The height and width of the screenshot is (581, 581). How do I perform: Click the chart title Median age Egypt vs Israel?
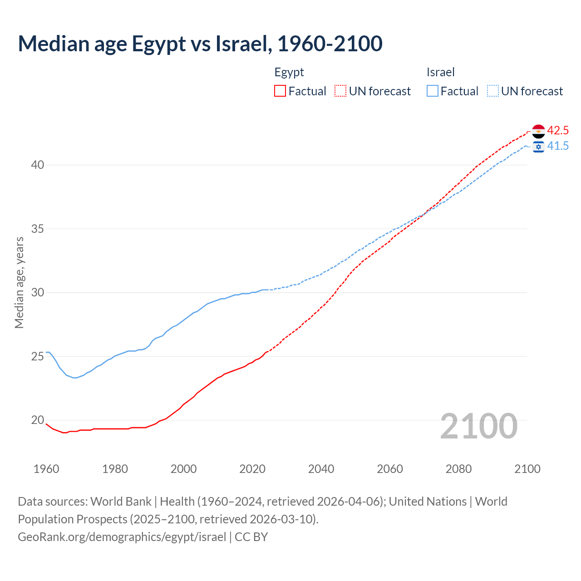tap(200, 44)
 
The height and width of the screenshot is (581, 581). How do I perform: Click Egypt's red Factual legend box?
tap(280, 91)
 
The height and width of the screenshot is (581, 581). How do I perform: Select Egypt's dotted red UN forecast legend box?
tap(340, 91)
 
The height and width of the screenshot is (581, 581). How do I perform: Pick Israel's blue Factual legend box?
tap(432, 91)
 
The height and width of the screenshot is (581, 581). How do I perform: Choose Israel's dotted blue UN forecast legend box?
tap(492, 91)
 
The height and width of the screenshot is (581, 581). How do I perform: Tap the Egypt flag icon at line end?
tap(538, 131)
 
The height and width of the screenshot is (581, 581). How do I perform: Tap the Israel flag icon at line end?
tap(538, 146)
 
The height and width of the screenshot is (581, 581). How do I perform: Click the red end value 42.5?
tap(557, 131)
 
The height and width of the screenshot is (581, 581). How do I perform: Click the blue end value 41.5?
tap(557, 146)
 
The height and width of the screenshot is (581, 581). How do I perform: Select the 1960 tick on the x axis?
tap(46, 469)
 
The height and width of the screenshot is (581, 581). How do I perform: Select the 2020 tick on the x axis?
tap(252, 469)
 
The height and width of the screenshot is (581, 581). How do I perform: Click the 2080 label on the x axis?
tap(458, 469)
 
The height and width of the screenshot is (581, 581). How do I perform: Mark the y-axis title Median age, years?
tap(19, 282)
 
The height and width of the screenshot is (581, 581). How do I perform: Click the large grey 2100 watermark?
tap(478, 426)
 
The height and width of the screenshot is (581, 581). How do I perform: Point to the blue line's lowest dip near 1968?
tap(75, 378)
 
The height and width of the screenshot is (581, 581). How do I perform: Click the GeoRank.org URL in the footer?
tap(122, 537)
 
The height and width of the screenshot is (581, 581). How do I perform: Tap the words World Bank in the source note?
tap(121, 502)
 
